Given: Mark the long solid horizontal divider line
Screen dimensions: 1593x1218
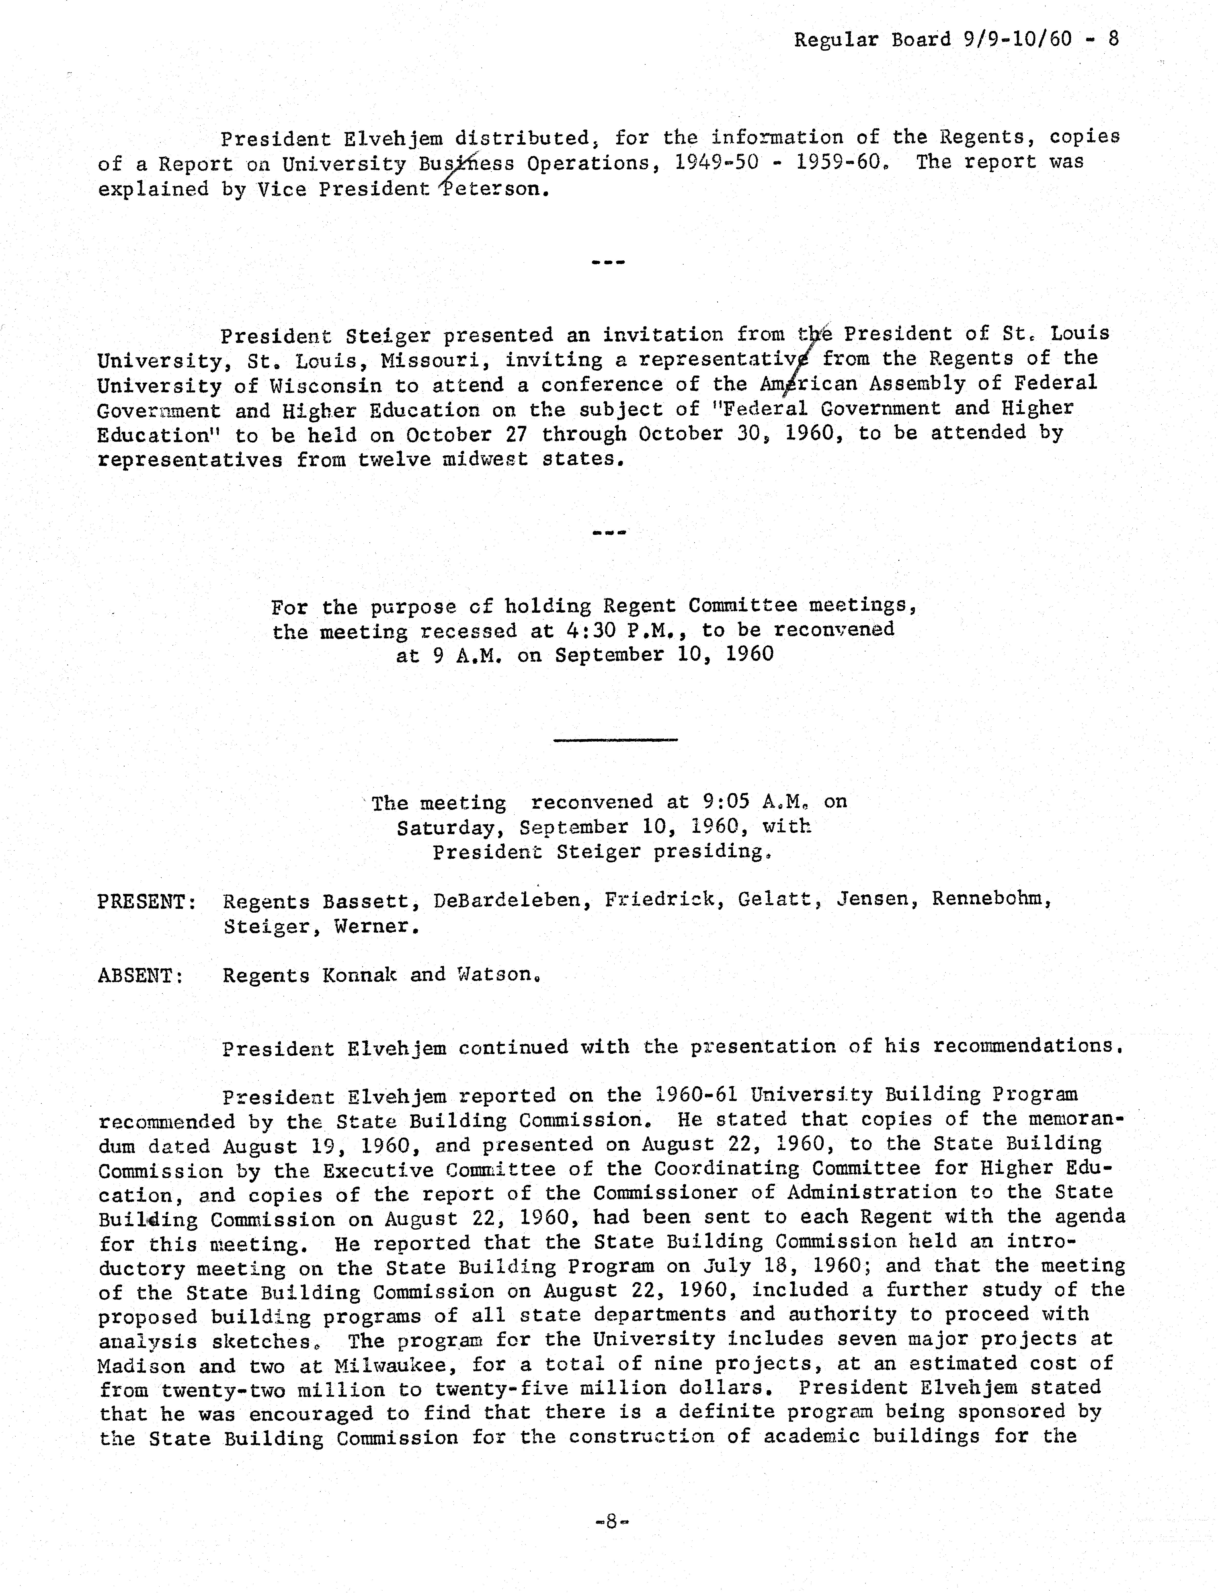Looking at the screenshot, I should point(615,740).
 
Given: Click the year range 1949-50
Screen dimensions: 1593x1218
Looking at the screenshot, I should point(716,163).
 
